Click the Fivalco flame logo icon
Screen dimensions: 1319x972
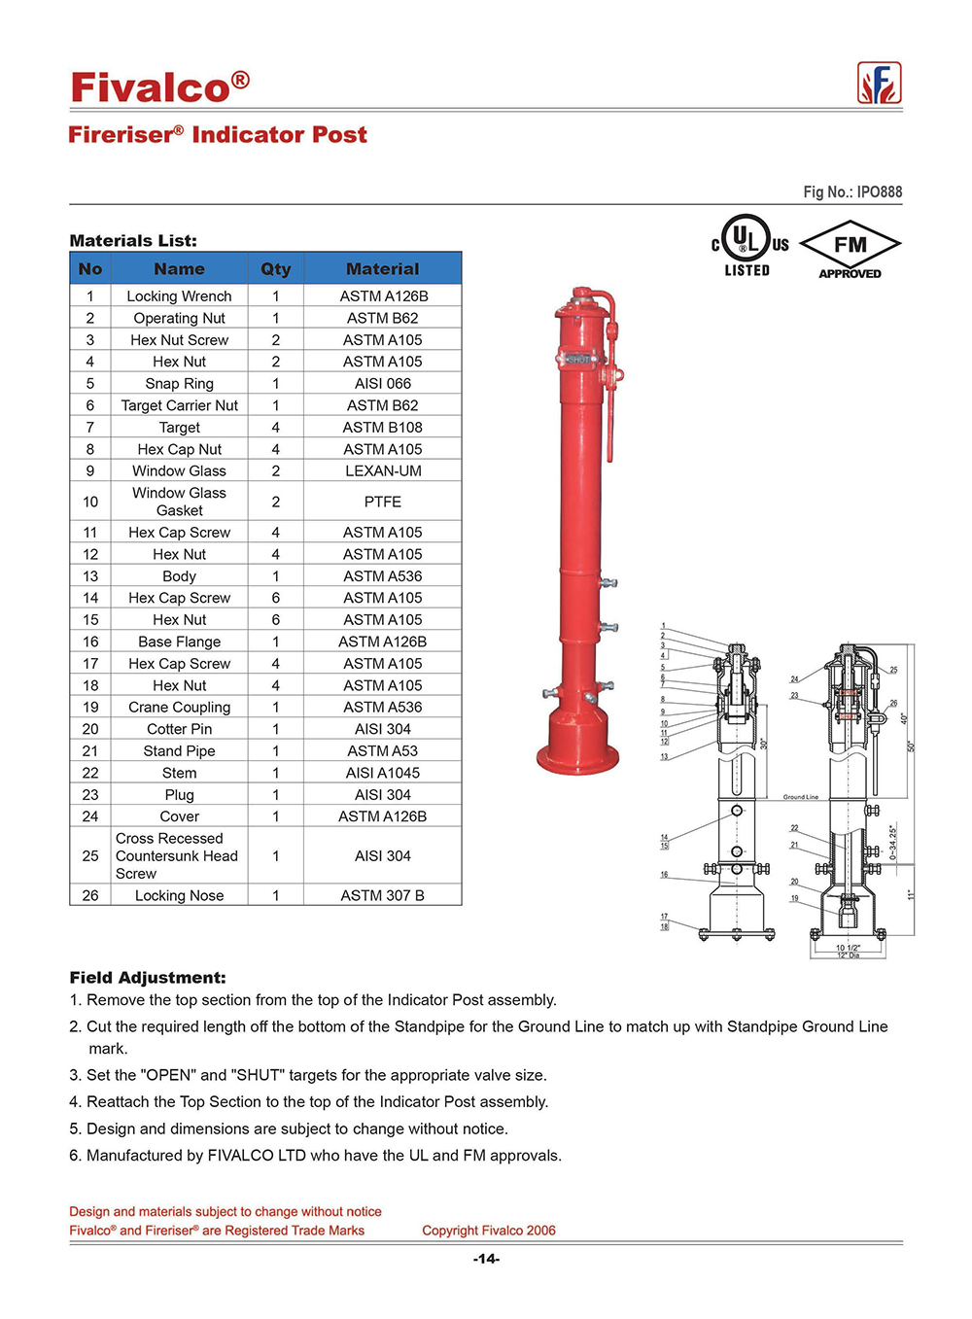(x=879, y=84)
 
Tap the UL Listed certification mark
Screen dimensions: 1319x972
(x=748, y=248)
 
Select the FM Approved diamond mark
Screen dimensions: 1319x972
(x=850, y=250)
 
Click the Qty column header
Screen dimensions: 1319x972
(x=275, y=269)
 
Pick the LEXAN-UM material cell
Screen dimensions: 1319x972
(x=383, y=471)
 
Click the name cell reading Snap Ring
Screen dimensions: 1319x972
(x=179, y=384)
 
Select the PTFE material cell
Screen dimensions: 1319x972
(x=383, y=503)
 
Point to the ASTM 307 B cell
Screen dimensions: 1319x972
(x=383, y=896)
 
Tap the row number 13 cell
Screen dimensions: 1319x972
(x=90, y=576)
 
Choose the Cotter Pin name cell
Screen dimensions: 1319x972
(x=179, y=729)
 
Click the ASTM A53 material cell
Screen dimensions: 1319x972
(x=383, y=751)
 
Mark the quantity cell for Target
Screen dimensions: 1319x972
(x=275, y=428)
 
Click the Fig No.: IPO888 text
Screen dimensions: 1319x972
(x=852, y=192)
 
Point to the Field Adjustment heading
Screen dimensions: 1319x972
(x=148, y=978)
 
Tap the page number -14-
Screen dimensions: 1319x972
(x=486, y=1260)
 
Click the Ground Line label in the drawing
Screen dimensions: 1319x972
(x=801, y=797)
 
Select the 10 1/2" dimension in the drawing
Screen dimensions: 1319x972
(x=848, y=948)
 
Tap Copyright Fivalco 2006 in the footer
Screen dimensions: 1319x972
(x=489, y=1231)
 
